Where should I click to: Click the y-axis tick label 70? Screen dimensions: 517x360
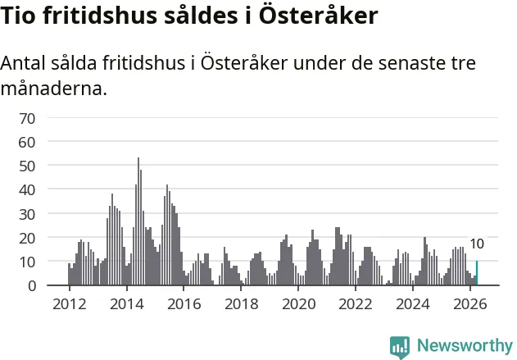(27, 119)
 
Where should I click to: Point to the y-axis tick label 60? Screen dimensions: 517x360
(27, 143)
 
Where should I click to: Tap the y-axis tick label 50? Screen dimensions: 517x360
(27, 166)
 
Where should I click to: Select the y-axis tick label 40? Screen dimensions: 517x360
(27, 190)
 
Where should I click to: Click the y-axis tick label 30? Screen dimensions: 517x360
(27, 215)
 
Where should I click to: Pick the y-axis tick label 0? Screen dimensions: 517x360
(32, 286)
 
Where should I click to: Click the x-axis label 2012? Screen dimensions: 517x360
(70, 304)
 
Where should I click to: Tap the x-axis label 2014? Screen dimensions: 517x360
(127, 304)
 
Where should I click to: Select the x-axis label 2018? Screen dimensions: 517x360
(242, 304)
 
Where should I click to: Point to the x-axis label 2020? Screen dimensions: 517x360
(299, 304)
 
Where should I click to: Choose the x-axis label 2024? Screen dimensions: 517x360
(413, 304)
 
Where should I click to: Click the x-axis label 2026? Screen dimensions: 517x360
(470, 304)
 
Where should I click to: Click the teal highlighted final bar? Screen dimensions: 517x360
(477, 273)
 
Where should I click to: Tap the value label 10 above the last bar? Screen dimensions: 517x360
(477, 244)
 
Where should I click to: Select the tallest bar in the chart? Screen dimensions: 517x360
(138, 221)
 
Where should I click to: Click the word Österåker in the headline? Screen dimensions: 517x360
(318, 16)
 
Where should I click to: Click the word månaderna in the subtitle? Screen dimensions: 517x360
(54, 89)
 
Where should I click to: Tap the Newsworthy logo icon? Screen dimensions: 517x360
(400, 347)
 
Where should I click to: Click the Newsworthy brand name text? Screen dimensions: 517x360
(465, 345)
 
